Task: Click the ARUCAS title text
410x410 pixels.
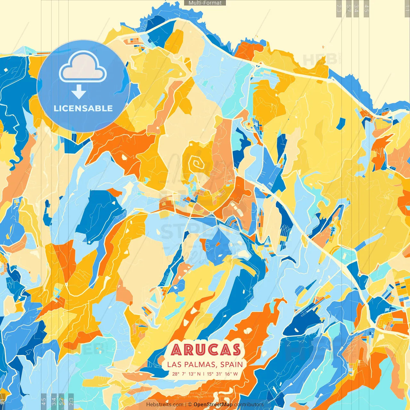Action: click(206, 350)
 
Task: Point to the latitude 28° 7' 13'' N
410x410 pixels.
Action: click(186, 374)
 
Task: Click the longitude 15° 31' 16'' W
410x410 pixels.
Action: click(222, 374)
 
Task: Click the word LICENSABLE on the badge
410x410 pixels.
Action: click(83, 108)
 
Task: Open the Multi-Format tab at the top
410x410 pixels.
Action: click(205, 3)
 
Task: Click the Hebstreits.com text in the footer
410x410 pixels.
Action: click(165, 405)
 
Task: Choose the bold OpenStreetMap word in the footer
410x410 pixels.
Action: click(213, 405)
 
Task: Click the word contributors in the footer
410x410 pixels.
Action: click(249, 405)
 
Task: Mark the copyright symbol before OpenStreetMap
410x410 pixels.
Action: click(190, 405)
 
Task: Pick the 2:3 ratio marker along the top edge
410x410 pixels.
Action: click(339, 8)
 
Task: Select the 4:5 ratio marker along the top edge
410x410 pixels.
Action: click(366, 8)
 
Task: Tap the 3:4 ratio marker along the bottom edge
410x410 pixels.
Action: click(54, 401)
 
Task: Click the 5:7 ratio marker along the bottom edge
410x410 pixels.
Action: click(61, 401)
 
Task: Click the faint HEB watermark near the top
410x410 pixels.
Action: click(320, 60)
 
